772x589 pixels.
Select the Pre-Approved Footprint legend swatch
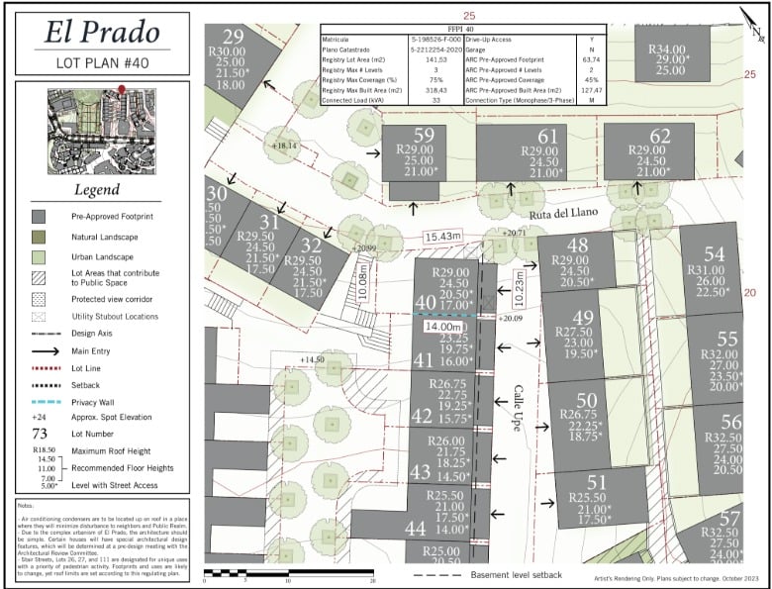click(39, 215)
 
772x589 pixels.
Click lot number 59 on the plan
click(424, 136)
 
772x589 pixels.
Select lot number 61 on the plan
click(547, 136)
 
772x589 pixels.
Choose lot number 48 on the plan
click(577, 245)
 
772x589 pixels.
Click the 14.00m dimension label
click(443, 326)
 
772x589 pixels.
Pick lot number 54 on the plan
click(714, 253)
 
